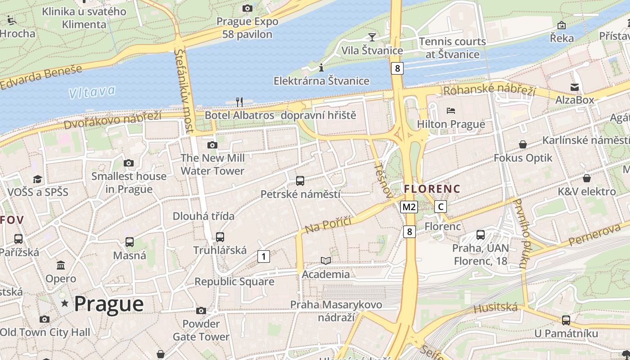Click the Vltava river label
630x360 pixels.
92,92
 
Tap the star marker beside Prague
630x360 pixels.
65,304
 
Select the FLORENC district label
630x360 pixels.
432,189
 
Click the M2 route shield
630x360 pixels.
409,207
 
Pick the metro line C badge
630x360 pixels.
441,207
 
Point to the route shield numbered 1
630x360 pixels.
263,256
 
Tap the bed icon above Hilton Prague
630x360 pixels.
451,110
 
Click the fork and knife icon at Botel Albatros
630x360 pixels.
239,102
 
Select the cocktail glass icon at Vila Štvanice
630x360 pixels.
372,37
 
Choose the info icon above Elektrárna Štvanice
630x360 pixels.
321,68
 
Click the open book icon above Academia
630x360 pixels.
326,261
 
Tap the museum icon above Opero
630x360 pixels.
61,265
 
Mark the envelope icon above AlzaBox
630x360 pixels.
575,87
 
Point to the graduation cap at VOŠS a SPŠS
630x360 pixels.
37,179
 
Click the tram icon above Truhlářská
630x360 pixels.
220,237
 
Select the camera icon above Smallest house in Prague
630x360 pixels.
129,163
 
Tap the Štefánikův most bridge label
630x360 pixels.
184,90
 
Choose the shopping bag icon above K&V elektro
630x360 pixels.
586,178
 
